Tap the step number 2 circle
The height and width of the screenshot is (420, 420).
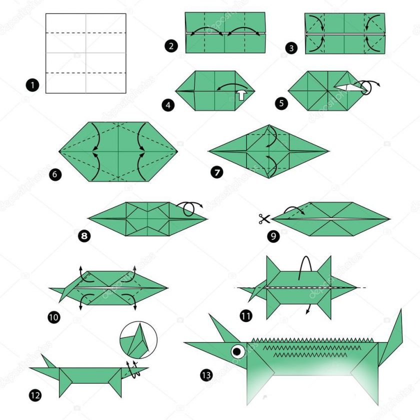[x=171, y=46]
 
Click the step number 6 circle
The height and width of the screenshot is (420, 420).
[x=55, y=174]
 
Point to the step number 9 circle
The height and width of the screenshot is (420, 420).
[x=273, y=236]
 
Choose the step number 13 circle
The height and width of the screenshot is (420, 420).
[x=205, y=374]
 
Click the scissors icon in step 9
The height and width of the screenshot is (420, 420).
[x=264, y=218]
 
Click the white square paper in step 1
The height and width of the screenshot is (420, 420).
[x=85, y=53]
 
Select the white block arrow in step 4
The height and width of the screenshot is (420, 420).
[x=241, y=94]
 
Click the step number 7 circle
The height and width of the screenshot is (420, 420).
[x=216, y=172]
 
